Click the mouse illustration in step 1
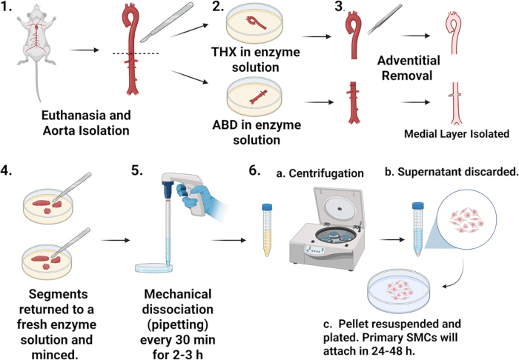pos(37,43)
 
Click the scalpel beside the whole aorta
pos(167,22)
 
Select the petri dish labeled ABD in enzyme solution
pos(255,96)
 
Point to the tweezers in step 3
pos(384,19)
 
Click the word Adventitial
pos(409,61)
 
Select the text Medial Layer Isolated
pos(457,134)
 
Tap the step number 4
pos(7,171)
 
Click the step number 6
pos(254,170)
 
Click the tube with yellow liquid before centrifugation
pos(267,230)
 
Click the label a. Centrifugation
pos(320,173)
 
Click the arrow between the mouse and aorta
pos(85,50)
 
